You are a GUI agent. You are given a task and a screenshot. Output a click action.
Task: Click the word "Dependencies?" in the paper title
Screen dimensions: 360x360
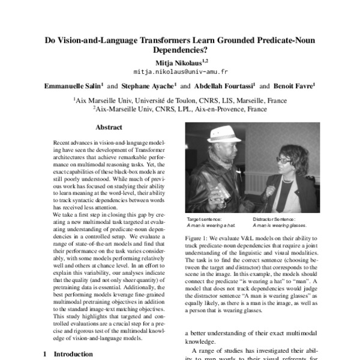[180, 52]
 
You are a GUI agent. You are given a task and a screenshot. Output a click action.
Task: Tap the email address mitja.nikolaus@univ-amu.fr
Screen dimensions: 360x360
[179, 71]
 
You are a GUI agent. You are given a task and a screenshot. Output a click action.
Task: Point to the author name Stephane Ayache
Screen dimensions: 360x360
[149, 86]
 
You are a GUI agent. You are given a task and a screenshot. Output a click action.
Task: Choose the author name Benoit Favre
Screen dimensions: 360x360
[295, 86]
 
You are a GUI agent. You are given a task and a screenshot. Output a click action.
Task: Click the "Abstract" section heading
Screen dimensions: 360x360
[109, 127]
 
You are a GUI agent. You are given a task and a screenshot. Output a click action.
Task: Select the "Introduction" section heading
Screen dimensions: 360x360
[73, 354]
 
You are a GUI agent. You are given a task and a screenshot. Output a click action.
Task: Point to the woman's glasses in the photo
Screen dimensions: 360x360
[284, 160]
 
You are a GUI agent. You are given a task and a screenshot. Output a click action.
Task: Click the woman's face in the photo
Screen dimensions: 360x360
[286, 162]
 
